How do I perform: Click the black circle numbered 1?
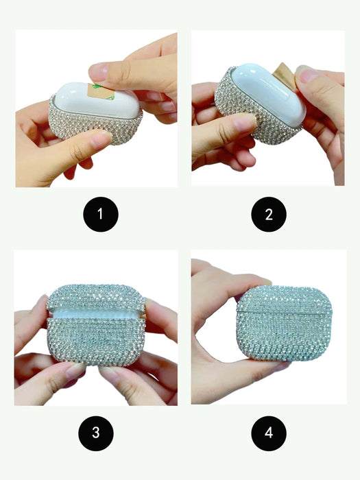[x=101, y=214]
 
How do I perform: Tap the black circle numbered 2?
[x=269, y=214]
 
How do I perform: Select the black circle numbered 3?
[x=96, y=433]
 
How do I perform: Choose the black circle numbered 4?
[x=269, y=433]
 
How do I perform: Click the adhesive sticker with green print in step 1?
[x=99, y=91]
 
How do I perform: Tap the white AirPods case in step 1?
[x=97, y=101]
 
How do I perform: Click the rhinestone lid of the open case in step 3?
[x=95, y=297]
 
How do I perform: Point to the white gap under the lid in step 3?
[x=95, y=314]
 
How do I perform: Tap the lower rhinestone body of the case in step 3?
[x=96, y=341]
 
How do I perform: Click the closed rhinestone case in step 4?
[x=285, y=323]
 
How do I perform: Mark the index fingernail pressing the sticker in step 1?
[x=97, y=72]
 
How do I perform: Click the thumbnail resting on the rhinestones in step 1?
[x=101, y=140]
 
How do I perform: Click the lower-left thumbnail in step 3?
[x=73, y=371]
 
